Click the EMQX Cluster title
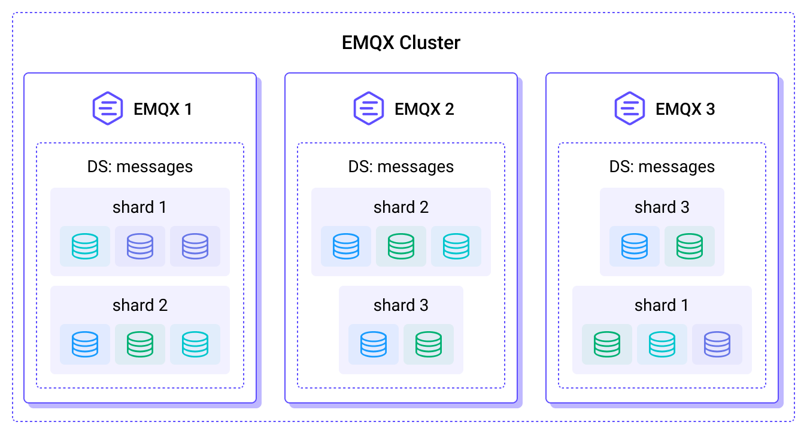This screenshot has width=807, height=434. [401, 42]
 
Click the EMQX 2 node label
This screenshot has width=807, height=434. [424, 109]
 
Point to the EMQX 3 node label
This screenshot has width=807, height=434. [685, 109]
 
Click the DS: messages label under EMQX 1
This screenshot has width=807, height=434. [139, 167]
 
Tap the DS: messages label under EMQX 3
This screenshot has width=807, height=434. [662, 167]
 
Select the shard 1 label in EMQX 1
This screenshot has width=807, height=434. [139, 207]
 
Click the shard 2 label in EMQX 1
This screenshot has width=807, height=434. [139, 305]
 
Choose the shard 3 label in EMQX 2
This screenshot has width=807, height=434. [401, 305]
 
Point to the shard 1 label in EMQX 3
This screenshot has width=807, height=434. [662, 305]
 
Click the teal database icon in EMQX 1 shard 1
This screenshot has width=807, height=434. [85, 246]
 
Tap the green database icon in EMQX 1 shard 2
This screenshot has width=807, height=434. [140, 344]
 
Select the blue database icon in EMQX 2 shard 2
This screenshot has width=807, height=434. [346, 246]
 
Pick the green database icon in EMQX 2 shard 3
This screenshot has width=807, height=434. [429, 344]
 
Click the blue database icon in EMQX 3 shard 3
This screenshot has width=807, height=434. [635, 246]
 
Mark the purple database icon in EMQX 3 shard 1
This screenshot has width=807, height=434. [717, 344]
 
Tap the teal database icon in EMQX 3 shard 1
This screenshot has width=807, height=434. [662, 344]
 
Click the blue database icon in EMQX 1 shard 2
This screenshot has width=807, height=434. [85, 344]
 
